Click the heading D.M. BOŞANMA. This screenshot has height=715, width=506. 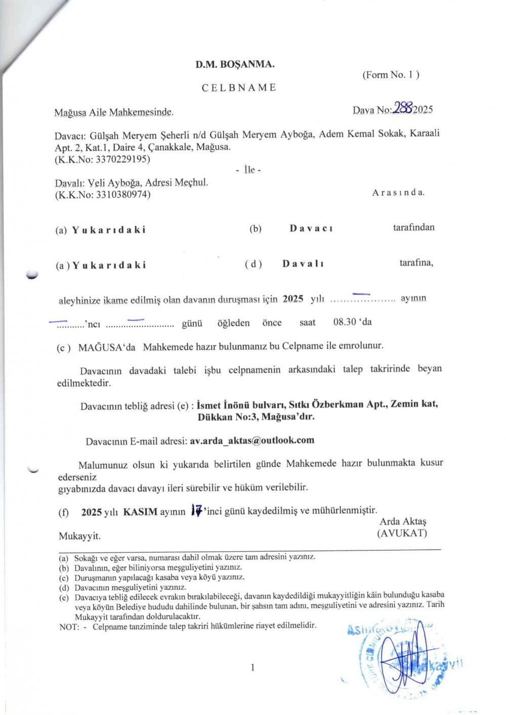pos(235,64)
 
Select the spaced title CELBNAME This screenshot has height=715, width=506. pos(239,87)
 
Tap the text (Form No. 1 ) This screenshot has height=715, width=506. pos(391,75)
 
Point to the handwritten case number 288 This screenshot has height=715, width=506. pos(404,108)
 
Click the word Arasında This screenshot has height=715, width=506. pos(398,193)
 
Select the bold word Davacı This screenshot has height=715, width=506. pos(311,228)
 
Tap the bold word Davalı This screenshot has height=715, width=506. pos(303,263)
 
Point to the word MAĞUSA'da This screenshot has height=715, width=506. pos(107,347)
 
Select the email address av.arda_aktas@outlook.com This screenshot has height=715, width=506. pos(252,440)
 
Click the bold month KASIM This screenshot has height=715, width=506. pos(140,511)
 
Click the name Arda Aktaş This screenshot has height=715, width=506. pos(403,521)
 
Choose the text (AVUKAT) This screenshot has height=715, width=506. pos(402,533)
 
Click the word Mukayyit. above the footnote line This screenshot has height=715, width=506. pos(79,536)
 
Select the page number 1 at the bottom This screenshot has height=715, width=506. pos(252,667)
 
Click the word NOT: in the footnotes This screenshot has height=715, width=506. pos(69,627)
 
